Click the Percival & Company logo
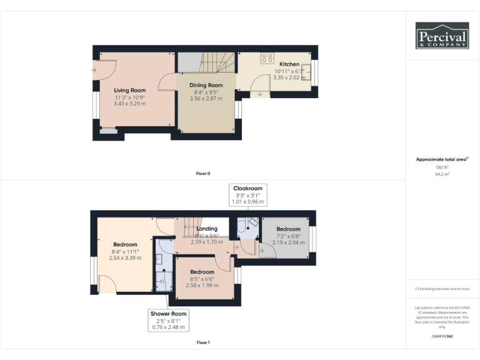point(442,36)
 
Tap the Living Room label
point(129,90)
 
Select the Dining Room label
point(207,86)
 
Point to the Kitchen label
point(289,64)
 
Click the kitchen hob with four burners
point(267,58)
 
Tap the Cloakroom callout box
point(248,195)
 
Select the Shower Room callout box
point(168,320)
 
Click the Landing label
point(207,229)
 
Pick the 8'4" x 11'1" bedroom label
point(125,244)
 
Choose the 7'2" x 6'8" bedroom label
point(288,229)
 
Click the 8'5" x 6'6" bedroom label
point(202,272)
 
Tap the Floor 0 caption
point(202,173)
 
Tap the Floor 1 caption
point(202,342)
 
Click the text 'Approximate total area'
point(441,160)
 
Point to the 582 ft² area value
point(442,167)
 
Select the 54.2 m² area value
point(442,174)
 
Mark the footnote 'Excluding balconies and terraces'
point(442,289)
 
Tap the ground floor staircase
point(217,63)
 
